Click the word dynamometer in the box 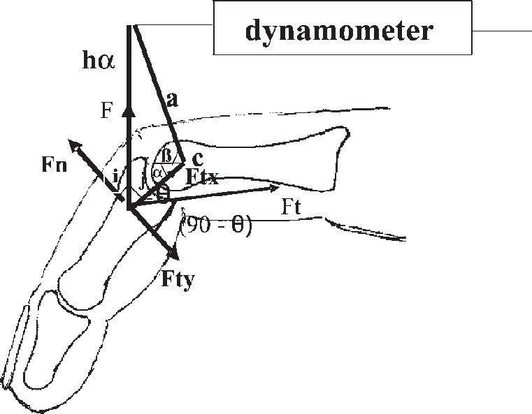[x=339, y=32]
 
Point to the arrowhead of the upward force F [x=129, y=108]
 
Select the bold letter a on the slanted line [x=173, y=101]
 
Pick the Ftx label [x=203, y=177]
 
